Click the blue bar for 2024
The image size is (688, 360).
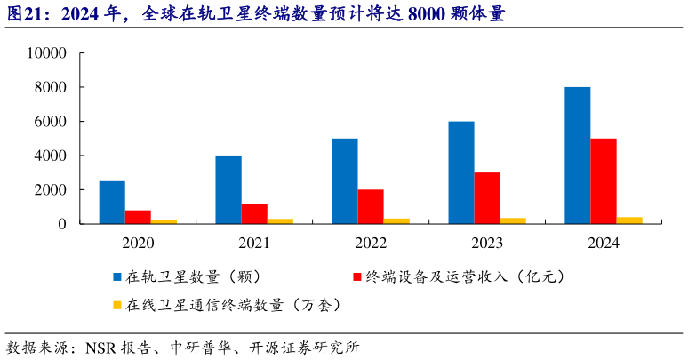[x=578, y=156]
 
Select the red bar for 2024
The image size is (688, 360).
[x=604, y=181]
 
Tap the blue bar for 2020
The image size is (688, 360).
[x=112, y=203]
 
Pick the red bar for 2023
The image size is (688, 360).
[x=487, y=198]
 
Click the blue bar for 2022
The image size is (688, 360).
[x=345, y=181]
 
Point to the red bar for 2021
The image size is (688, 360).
[x=254, y=214]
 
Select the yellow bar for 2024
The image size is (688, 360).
[x=629, y=220]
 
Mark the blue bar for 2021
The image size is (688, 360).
[x=228, y=189]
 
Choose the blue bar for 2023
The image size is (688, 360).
[x=461, y=172]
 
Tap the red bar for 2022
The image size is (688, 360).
[x=371, y=207]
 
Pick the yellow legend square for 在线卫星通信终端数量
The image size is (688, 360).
[x=117, y=305]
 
